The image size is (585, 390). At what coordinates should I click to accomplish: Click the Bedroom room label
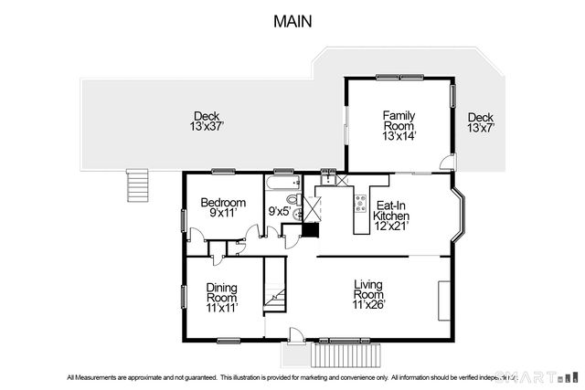tap(224, 202)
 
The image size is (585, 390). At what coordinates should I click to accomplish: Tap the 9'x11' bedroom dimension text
tap(224, 213)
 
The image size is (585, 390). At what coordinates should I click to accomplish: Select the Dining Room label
tap(221, 292)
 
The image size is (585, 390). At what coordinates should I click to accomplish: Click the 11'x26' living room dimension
tap(369, 305)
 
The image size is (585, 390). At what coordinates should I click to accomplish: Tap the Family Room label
tap(399, 121)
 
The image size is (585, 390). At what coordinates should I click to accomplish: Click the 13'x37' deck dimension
tap(206, 128)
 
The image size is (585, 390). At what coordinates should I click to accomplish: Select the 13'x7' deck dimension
tap(481, 129)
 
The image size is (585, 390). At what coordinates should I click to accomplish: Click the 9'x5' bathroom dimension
tap(279, 212)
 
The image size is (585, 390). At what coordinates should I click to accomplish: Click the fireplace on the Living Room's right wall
tap(444, 298)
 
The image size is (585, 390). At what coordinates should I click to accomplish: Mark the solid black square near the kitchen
tap(310, 229)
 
